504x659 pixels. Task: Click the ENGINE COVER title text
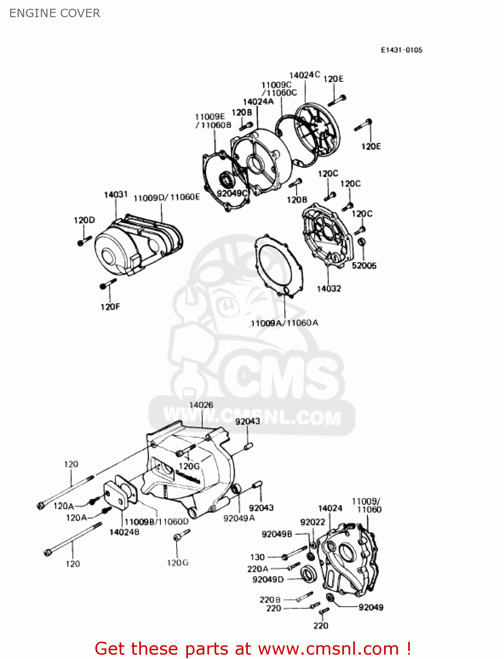pyautogui.click(x=54, y=13)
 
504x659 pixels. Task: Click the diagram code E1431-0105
pyautogui.click(x=401, y=50)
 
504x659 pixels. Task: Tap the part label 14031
pyautogui.click(x=116, y=195)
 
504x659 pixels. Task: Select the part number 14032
pyautogui.click(x=329, y=289)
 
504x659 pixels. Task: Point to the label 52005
pyautogui.click(x=364, y=265)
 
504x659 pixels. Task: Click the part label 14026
pyautogui.click(x=201, y=405)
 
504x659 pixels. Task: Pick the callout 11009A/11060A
pyautogui.click(x=284, y=323)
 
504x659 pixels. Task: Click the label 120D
pyautogui.click(x=84, y=220)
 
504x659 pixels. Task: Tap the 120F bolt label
pyautogui.click(x=110, y=307)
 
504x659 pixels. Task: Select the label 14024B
pyautogui.click(x=124, y=532)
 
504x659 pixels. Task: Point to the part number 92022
pyautogui.click(x=312, y=522)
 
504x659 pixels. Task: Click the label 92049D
pyautogui.click(x=268, y=579)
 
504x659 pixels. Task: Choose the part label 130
pyautogui.click(x=257, y=557)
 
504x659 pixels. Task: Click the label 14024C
pyautogui.click(x=305, y=75)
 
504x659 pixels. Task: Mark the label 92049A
pyautogui.click(x=239, y=518)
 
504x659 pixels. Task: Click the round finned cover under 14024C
pyautogui.click(x=318, y=130)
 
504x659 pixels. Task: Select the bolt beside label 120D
pyautogui.click(x=84, y=240)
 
